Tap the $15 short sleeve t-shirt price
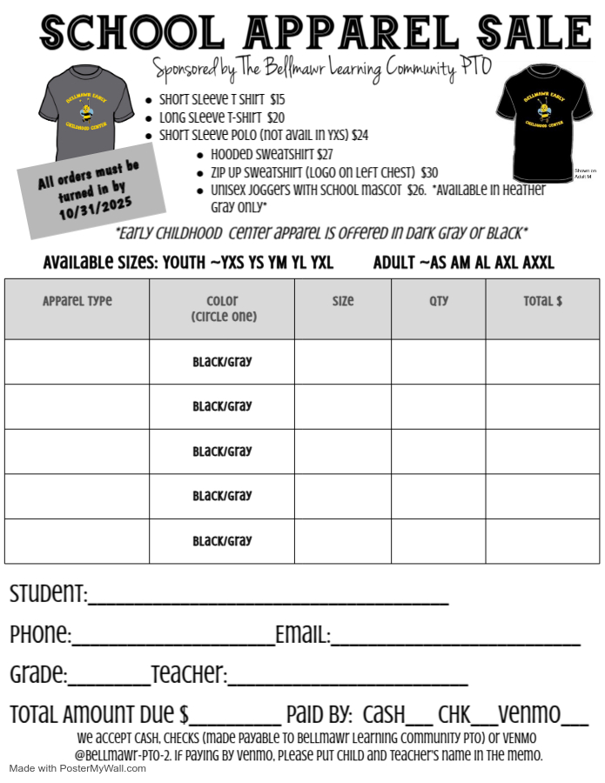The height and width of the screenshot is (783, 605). pos(278,100)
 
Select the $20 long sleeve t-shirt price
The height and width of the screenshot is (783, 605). pos(276,117)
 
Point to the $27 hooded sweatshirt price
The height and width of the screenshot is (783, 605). pos(325,154)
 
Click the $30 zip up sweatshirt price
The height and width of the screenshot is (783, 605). pos(429,172)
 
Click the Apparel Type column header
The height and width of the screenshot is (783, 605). pos(77,302)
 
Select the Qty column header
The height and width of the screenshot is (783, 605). pos(439,302)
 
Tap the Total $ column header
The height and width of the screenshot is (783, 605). pos(543,302)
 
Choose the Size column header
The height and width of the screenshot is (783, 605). pos(343,302)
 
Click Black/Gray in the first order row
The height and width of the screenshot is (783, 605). pos(222,362)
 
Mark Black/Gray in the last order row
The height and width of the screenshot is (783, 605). pos(222,541)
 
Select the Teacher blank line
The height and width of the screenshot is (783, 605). pos(347,681)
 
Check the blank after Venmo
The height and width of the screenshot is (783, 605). pos(575,721)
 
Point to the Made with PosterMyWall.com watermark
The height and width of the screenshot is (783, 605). pos(78,768)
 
